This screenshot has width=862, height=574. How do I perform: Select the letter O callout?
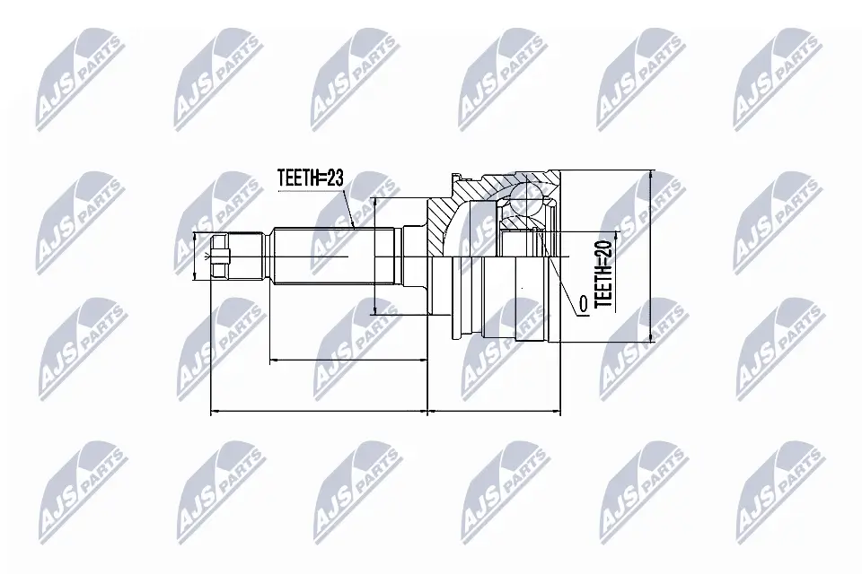click(583, 306)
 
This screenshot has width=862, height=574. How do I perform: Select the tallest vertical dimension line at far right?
click(649, 256)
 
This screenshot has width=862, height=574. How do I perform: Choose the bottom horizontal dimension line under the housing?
click(495, 413)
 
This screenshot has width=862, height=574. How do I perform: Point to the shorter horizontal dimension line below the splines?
click(349, 361)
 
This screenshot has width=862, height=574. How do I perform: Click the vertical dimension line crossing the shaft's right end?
click(374, 257)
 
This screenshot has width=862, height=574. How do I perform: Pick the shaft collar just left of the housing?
click(414, 257)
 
